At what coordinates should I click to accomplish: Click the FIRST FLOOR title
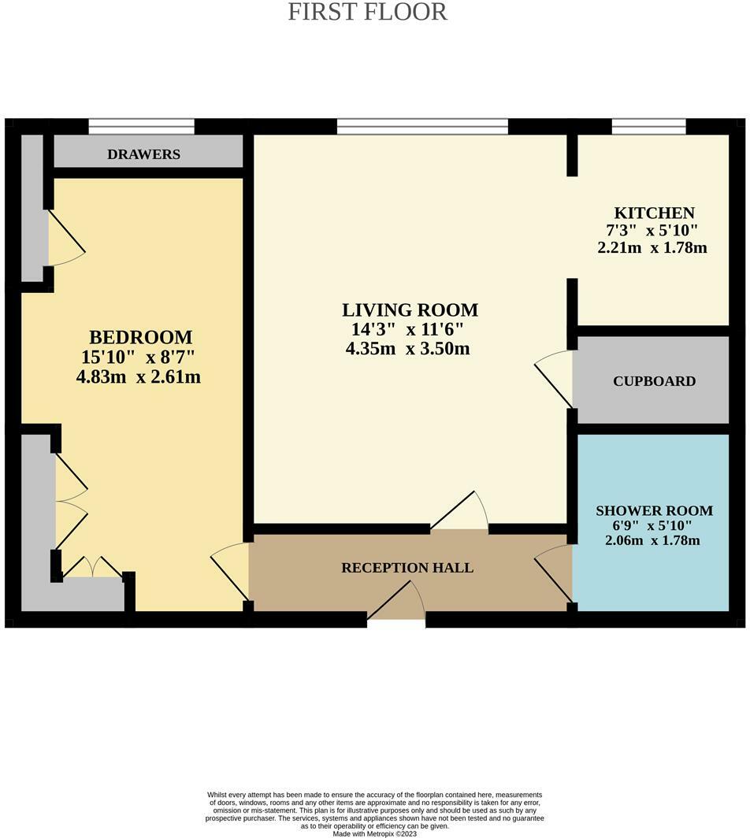point(367,13)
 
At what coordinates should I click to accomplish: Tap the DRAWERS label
point(144,154)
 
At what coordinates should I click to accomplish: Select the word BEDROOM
point(140,337)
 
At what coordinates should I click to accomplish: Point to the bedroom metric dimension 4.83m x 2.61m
point(138,377)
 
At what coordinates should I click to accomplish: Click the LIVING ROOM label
point(410,310)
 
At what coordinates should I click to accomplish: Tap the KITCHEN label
point(654,213)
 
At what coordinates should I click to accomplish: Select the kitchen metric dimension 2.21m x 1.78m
point(652,247)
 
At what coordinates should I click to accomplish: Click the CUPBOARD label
point(654,381)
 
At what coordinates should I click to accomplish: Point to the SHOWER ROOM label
point(654,510)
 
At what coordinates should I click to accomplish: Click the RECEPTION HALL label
point(407,567)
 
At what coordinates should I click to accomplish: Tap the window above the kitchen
point(648,126)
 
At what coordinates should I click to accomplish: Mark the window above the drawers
point(141,126)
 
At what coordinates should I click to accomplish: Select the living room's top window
point(422,126)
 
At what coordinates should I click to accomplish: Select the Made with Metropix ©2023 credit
point(374,833)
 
